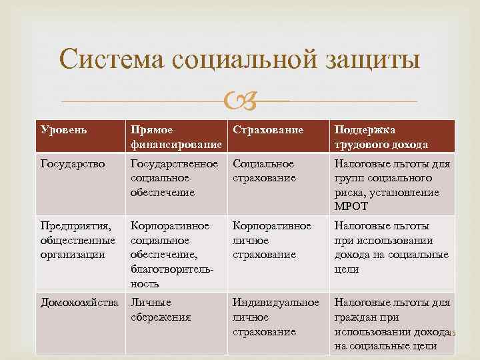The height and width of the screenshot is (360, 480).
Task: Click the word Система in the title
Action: (111, 60)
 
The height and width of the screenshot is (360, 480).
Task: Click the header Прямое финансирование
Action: (176, 137)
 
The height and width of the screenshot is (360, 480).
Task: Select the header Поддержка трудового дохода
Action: (381, 137)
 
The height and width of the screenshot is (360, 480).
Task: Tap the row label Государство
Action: (73, 164)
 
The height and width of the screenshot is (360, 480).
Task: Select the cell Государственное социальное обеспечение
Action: (175, 178)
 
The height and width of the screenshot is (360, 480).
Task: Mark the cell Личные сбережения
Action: (161, 310)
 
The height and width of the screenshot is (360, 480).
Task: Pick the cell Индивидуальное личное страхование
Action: (276, 317)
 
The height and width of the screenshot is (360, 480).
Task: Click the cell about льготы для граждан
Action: (392, 324)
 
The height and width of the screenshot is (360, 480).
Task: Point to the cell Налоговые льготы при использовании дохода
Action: (391, 247)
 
